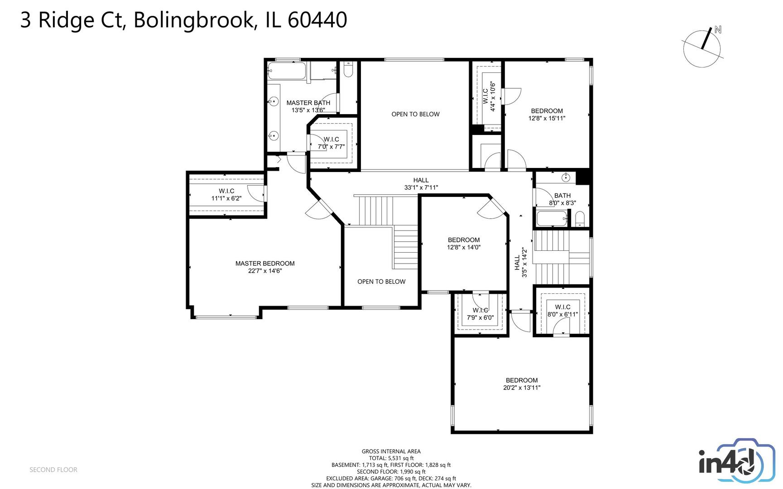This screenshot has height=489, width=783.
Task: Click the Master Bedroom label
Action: (x=265, y=264)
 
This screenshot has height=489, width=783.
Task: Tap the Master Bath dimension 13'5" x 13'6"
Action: (x=308, y=110)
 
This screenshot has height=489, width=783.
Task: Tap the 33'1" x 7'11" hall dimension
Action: (x=421, y=187)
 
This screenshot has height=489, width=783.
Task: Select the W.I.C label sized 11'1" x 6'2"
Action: (x=226, y=191)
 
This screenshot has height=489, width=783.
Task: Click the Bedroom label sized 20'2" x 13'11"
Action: (x=522, y=380)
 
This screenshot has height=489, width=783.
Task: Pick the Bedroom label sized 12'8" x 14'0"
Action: (x=464, y=240)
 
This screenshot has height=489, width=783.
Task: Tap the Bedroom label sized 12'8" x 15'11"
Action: (x=547, y=111)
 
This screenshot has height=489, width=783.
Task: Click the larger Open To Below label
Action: (x=415, y=114)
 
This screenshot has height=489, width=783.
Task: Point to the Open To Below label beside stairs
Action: (x=381, y=282)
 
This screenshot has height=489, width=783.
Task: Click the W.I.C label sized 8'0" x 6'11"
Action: (x=562, y=307)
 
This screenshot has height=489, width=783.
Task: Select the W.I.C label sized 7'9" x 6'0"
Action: (x=480, y=310)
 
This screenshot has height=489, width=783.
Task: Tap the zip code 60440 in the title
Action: (x=317, y=20)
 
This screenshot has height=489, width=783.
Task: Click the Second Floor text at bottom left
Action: (x=53, y=470)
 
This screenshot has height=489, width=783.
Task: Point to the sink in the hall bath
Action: (x=566, y=177)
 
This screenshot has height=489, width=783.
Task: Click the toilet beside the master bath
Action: (x=348, y=71)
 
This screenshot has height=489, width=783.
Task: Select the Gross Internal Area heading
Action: (x=391, y=451)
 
